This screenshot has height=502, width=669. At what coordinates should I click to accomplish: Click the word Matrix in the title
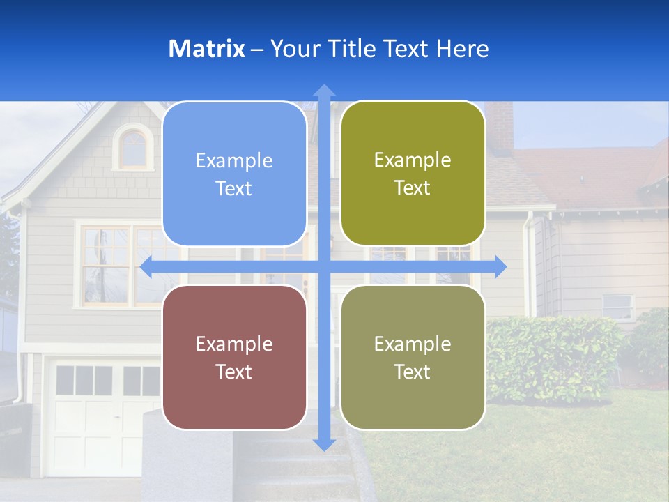206,49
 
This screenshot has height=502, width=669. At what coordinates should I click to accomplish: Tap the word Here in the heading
462,49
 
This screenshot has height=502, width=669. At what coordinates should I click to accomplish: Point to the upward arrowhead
324,91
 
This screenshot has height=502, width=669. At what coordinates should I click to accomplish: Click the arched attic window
133,147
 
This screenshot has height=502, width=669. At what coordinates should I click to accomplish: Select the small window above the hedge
618,306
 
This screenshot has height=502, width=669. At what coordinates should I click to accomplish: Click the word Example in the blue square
234,161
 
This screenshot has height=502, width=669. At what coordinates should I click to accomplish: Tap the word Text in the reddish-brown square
234,372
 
